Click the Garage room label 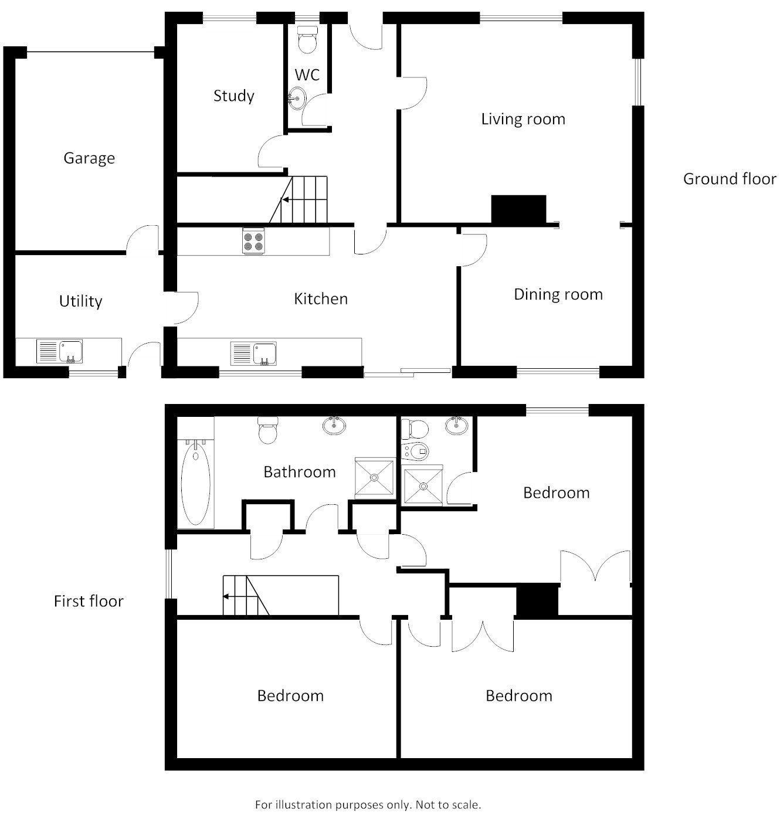(89, 158)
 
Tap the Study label (233, 96)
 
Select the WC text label (307, 75)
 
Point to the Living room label (523, 119)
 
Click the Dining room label (558, 294)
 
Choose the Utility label (80, 301)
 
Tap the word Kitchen (321, 299)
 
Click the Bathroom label (299, 472)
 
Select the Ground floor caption (730, 179)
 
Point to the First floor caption (89, 602)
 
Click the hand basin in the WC (297, 97)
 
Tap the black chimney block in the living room (518, 209)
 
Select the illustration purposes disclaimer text (368, 804)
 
